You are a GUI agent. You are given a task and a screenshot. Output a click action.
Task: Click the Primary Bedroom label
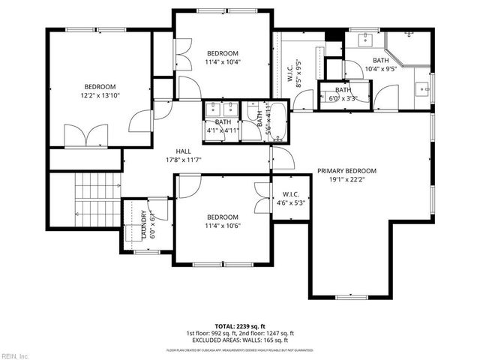point(346,170)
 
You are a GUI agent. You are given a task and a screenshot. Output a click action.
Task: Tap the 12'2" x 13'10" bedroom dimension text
point(100,95)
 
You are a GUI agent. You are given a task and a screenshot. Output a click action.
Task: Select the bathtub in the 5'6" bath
point(277,121)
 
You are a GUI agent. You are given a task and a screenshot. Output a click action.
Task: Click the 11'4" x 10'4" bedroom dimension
point(223,62)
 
